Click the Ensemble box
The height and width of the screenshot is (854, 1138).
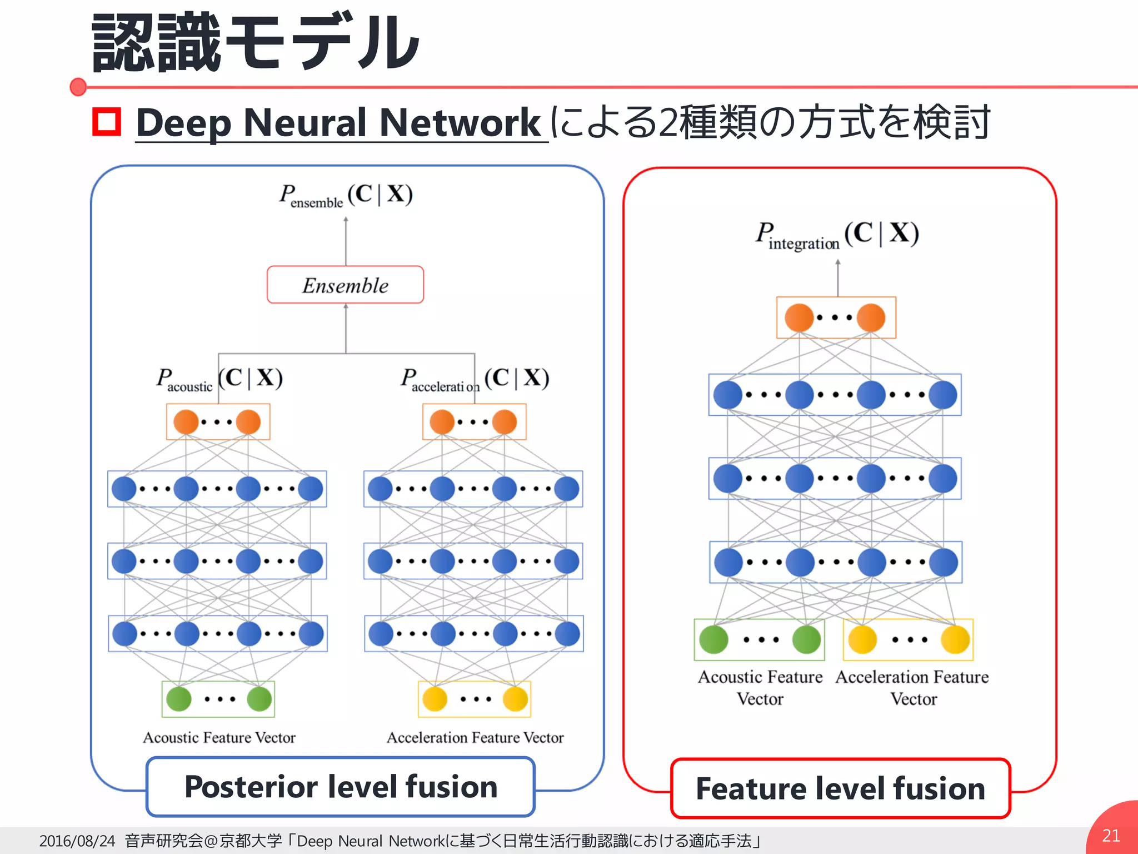point(345,285)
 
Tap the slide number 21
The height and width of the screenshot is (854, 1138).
point(1110,835)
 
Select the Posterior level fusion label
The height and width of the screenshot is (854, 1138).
point(341,787)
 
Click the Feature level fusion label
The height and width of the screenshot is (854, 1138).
point(840,788)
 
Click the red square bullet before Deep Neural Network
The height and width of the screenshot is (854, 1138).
point(107,122)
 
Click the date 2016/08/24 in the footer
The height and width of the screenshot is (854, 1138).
point(77,841)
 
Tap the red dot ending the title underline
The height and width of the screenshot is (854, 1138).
point(78,87)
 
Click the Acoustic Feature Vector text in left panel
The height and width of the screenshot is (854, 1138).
point(219,737)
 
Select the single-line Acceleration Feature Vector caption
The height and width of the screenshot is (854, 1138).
point(475,737)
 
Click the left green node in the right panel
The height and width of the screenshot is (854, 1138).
point(713,639)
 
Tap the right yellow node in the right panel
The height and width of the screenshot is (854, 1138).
point(955,639)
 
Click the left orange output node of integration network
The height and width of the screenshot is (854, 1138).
point(799,317)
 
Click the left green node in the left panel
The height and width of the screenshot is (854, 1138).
point(179,699)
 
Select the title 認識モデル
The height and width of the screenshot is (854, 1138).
point(256,43)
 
